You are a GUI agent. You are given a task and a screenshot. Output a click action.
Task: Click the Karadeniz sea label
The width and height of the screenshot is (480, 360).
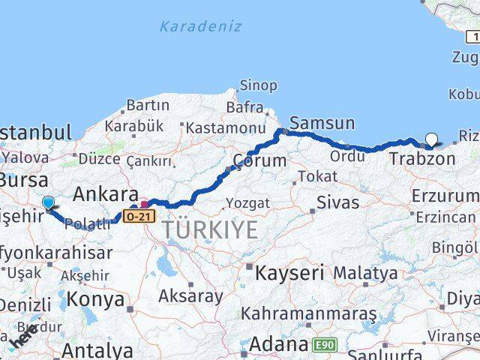click(x=200, y=27)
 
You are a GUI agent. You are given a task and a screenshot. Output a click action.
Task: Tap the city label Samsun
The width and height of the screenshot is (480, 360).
click(x=322, y=123)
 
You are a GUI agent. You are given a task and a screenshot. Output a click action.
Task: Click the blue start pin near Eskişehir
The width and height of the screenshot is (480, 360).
click(x=49, y=202)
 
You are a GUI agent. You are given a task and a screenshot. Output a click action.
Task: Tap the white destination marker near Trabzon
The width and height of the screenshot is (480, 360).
click(x=432, y=138)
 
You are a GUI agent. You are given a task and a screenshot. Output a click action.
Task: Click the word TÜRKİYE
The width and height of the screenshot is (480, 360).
click(x=210, y=229)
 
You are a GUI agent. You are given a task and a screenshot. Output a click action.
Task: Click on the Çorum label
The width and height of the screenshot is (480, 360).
click(x=259, y=160)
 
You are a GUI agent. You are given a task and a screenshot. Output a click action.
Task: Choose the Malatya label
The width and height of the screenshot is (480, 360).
click(x=365, y=273)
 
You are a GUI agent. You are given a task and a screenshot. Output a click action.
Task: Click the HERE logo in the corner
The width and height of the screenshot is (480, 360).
click(x=24, y=338)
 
